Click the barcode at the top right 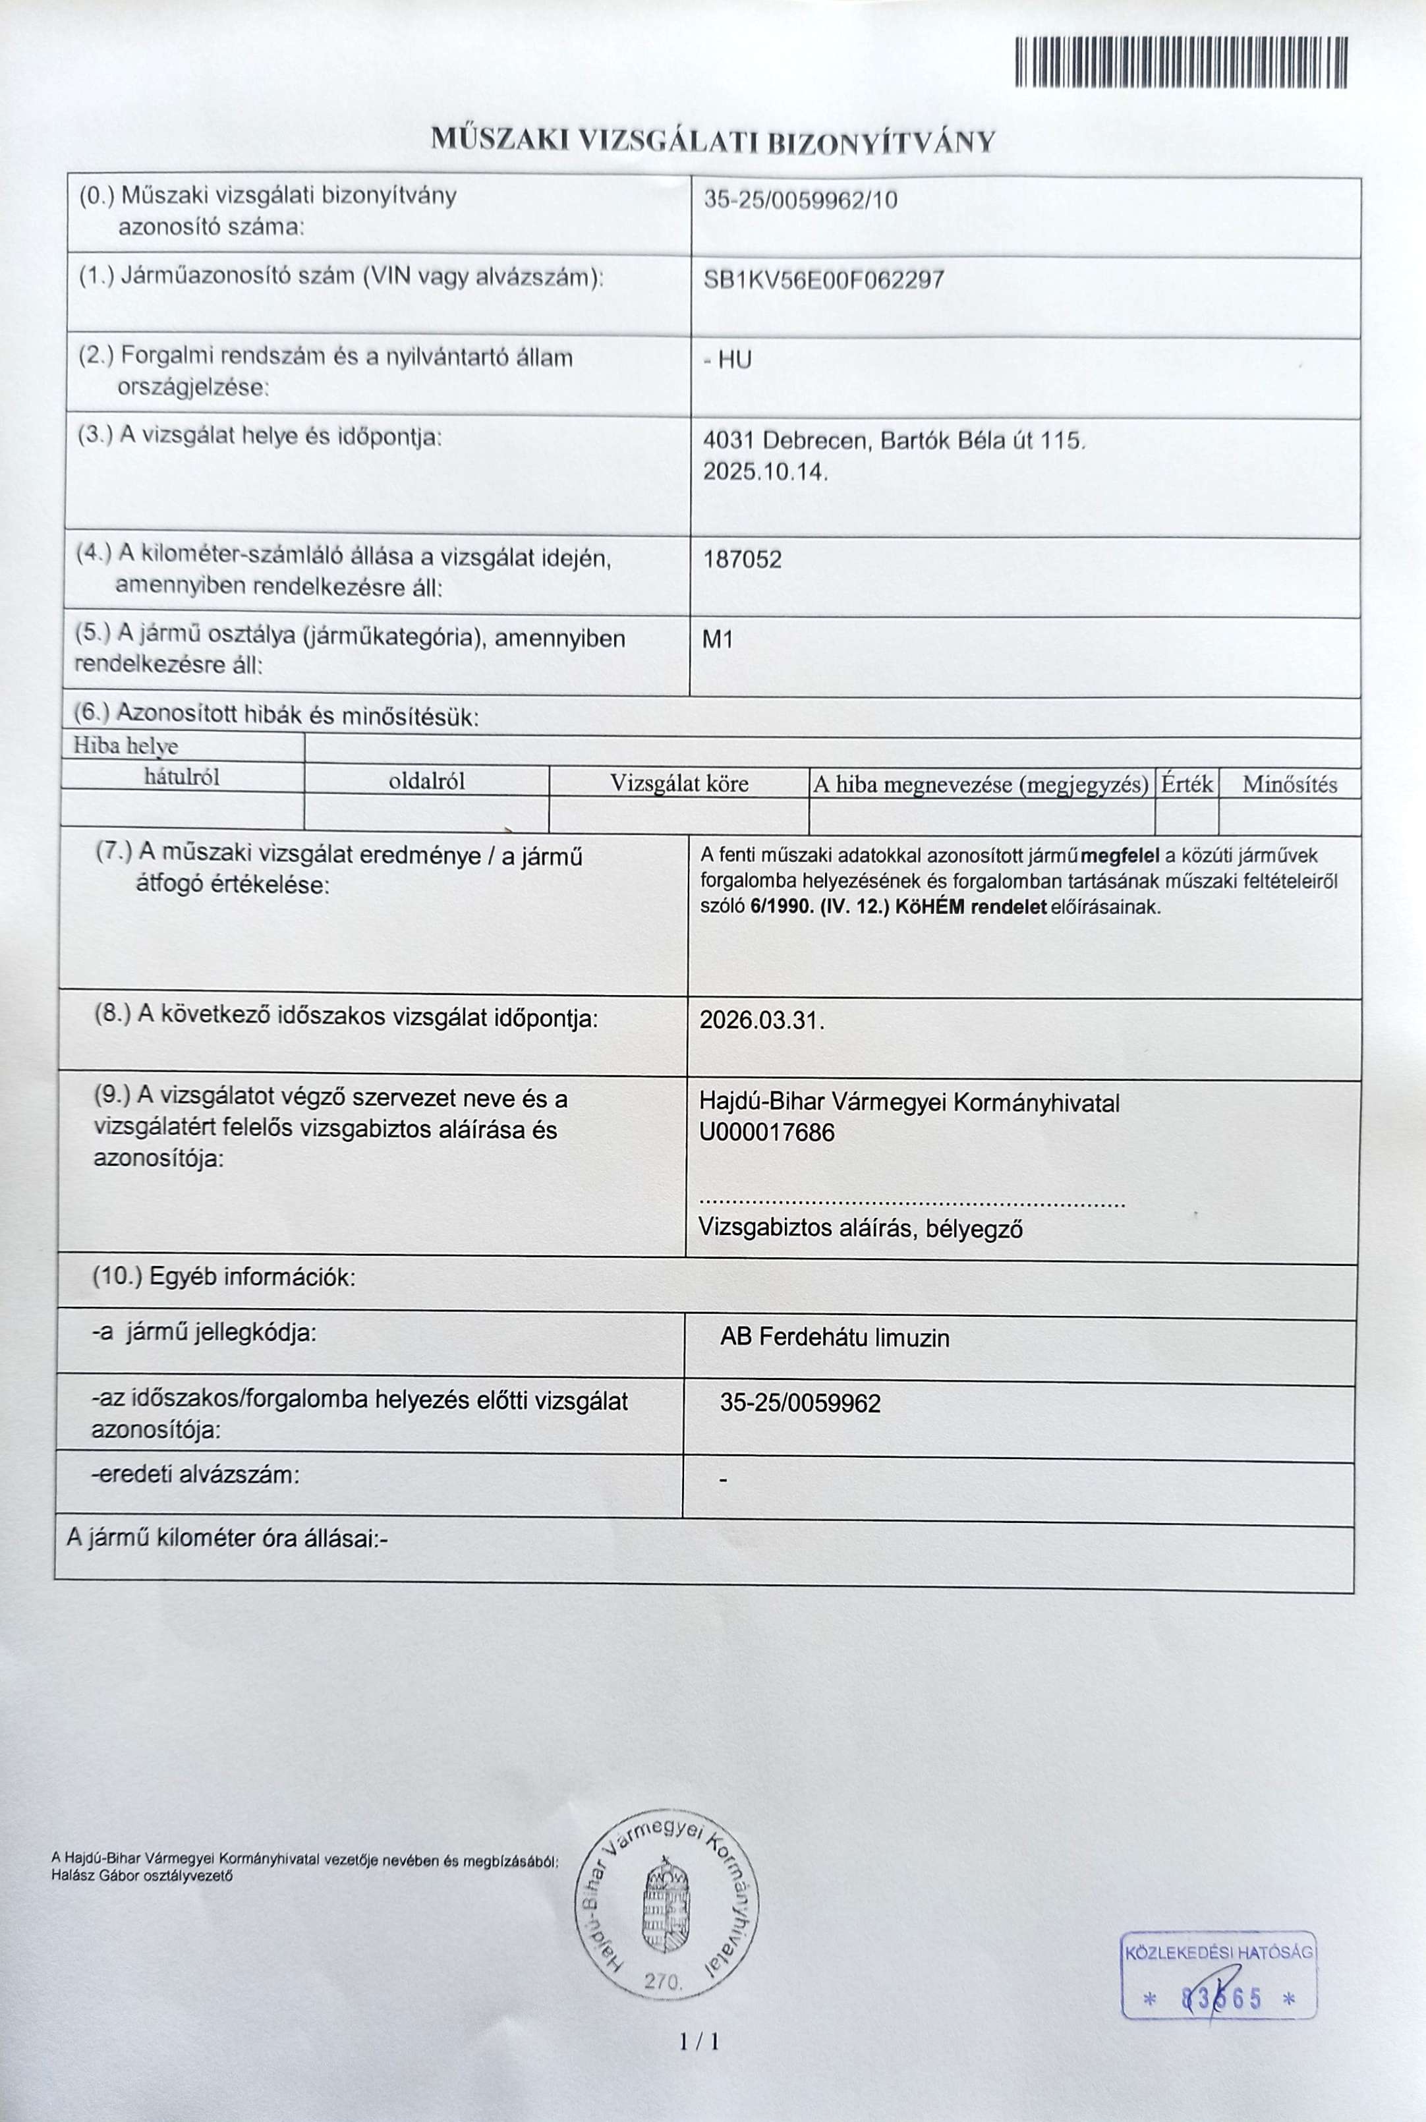coord(1180,63)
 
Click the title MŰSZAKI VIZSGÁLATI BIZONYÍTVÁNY coord(713,142)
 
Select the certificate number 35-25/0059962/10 coord(800,200)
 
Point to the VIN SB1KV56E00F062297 coord(823,279)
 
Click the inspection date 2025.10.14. coord(766,472)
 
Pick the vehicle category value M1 coord(718,639)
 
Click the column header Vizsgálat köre coord(679,783)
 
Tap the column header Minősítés coord(1289,784)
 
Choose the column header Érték coord(1186,783)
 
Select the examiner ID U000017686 coord(766,1132)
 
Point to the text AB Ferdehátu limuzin coord(834,1338)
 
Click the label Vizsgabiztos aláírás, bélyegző coord(861,1228)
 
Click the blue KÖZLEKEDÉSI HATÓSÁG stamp coord(1218,1974)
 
